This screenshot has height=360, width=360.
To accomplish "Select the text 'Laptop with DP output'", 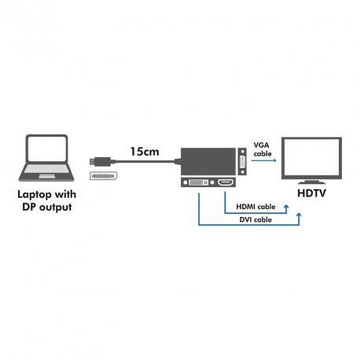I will coord(50,200).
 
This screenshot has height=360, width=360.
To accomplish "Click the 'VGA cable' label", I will coord(262,149).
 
